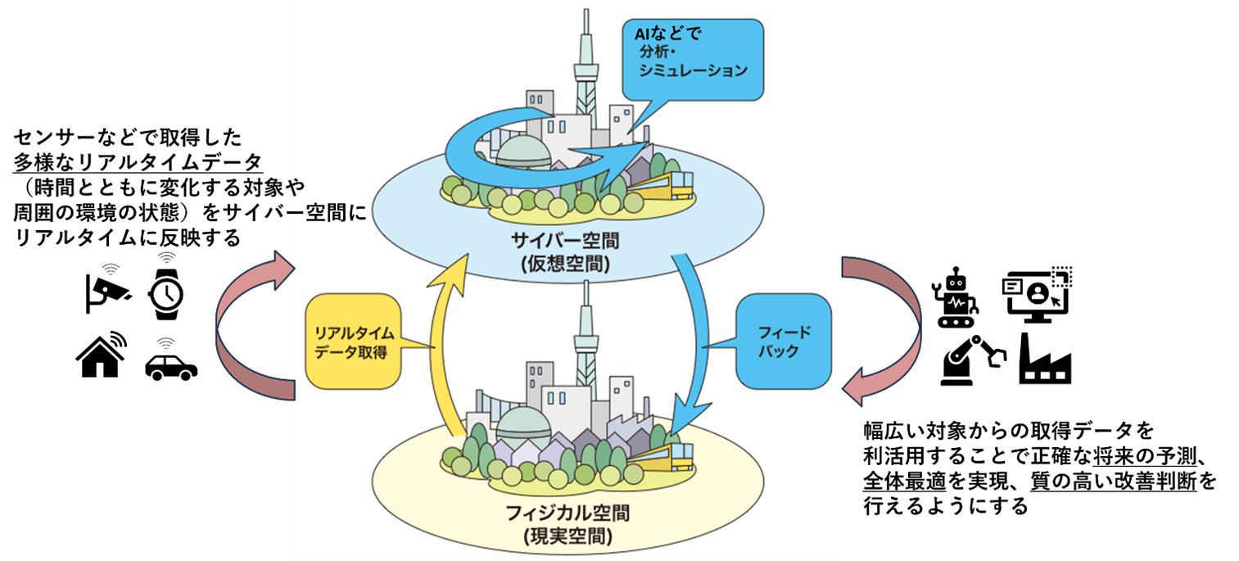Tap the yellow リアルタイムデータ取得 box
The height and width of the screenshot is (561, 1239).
(354, 342)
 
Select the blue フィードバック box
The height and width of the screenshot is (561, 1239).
(783, 341)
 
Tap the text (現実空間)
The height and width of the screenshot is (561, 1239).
(567, 537)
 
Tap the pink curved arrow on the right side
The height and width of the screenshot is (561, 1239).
(889, 328)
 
